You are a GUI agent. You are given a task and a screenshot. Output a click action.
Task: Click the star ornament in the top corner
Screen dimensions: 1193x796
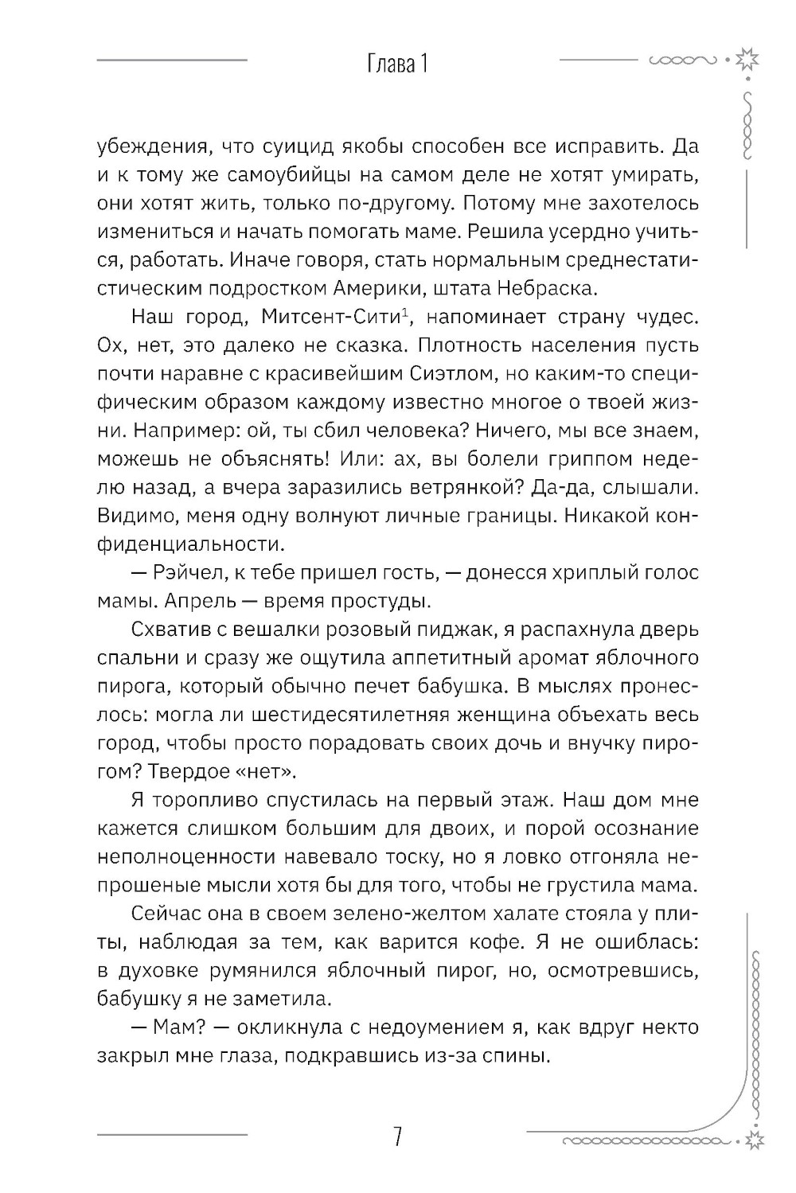746,60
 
